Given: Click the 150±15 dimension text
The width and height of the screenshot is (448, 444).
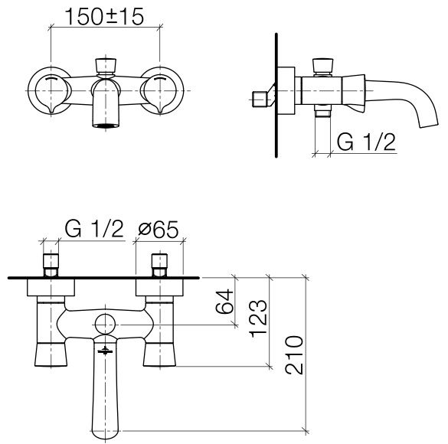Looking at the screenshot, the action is point(104,17).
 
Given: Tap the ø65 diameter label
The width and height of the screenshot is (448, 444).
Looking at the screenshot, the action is point(159,230).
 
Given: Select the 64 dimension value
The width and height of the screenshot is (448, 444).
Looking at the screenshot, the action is point(224,302).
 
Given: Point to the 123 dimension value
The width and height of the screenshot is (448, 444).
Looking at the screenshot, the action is point(258,318).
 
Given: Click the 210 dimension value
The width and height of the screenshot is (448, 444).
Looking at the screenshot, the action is point(294,355).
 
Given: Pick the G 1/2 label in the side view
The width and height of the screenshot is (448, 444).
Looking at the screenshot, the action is point(366,142).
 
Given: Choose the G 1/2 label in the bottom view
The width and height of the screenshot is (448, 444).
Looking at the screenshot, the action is point(94,229).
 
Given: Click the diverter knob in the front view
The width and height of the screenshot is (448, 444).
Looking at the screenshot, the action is point(106,66).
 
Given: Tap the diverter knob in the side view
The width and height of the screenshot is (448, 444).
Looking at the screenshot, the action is point(323,66).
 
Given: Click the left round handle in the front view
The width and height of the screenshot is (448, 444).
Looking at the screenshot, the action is point(51,90).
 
